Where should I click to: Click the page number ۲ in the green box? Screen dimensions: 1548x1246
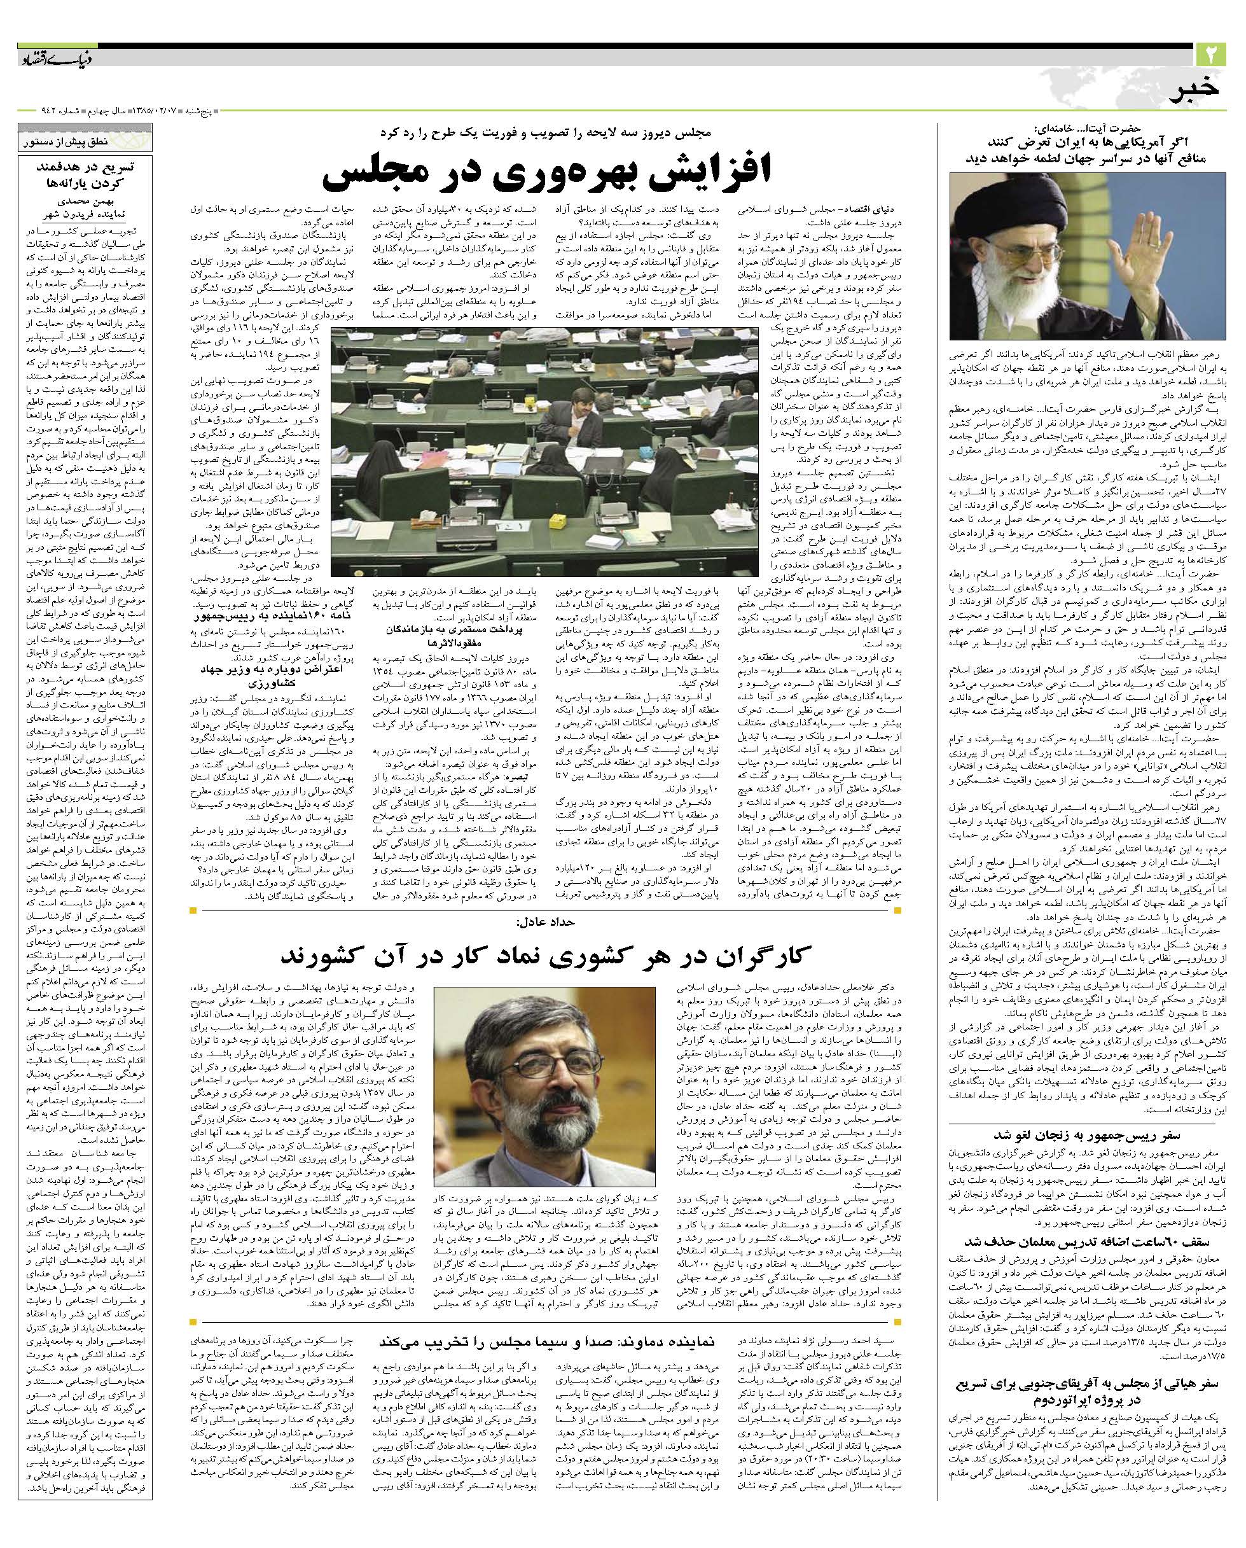(x=1212, y=54)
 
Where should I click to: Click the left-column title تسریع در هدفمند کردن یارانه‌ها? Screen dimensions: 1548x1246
(x=85, y=174)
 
